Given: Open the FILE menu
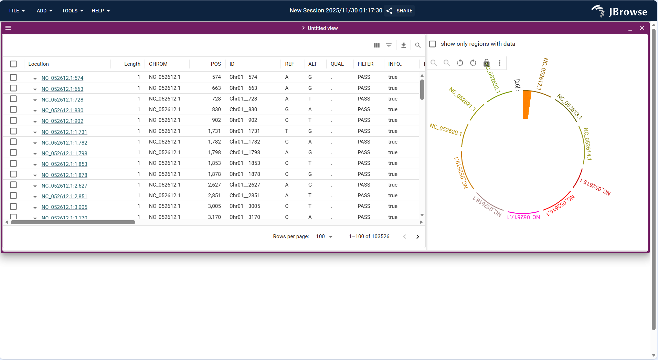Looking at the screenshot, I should (x=17, y=11).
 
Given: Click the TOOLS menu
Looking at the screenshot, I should (x=73, y=11).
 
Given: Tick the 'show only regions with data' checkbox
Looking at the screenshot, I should (x=433, y=44).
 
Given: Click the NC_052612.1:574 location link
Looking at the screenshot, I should (x=62, y=78).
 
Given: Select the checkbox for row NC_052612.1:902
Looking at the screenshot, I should (x=13, y=120).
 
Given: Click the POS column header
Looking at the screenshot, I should (x=216, y=64).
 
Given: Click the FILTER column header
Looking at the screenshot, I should (x=365, y=64).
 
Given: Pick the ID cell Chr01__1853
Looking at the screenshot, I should (x=245, y=163).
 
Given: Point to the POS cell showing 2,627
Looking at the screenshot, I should (x=214, y=185).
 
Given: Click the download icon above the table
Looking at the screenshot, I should (x=403, y=45).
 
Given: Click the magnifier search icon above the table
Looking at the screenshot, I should (x=418, y=45).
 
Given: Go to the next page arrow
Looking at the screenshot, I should (x=417, y=236).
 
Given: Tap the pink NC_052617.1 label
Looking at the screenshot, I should (x=523, y=217).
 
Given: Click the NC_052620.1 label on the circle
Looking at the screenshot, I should (x=446, y=129).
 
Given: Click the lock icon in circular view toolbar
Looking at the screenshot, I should (x=486, y=63).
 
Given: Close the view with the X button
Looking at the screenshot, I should (x=642, y=28).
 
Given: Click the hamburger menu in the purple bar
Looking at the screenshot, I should (x=8, y=28).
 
